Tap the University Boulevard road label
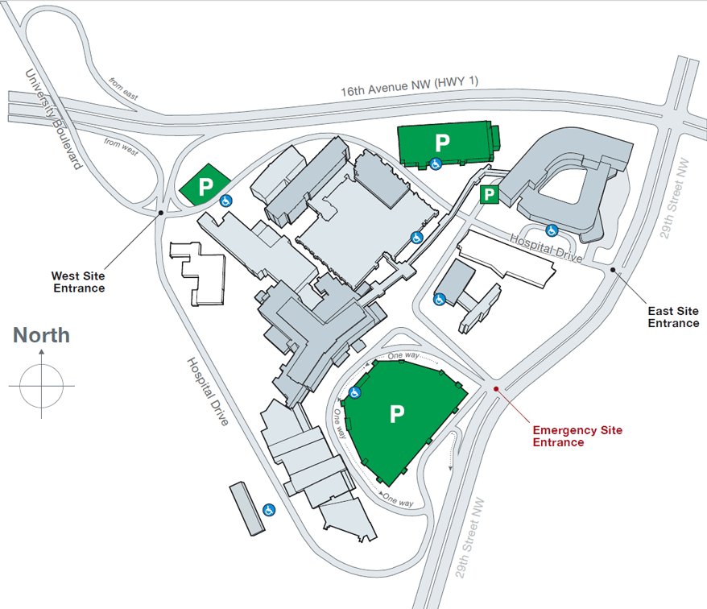point(54,119)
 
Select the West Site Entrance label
point(78,282)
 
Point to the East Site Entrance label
point(673,317)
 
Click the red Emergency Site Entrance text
point(577,437)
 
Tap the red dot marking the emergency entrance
point(496,389)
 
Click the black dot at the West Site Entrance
point(160,213)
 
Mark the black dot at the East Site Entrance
point(613,270)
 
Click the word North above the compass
point(42,335)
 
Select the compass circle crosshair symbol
point(42,386)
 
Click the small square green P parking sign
point(489,195)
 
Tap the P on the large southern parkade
point(397,414)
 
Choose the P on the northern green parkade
point(442,143)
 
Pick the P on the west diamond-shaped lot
point(205,186)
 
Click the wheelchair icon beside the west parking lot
point(226,201)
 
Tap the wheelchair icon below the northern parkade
point(435,164)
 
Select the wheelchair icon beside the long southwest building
point(269,510)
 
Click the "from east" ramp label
point(123,89)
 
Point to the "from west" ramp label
point(121,147)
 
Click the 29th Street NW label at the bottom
point(469,538)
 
